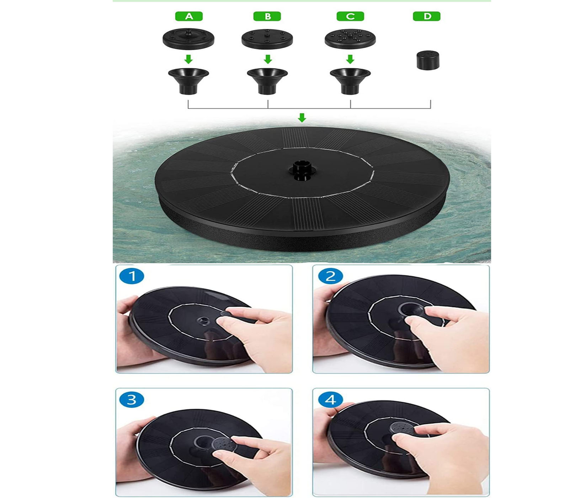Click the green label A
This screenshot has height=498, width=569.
pos(189,16)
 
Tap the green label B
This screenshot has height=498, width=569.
pos(267,16)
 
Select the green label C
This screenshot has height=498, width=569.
pos(350,16)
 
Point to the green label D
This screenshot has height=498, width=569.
pos(427,16)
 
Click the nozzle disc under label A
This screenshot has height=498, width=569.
pos(188,38)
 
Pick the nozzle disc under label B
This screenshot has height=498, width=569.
pos(267,39)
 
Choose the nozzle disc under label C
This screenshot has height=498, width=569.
pos(350,38)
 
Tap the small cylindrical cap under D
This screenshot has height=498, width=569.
pos(428,60)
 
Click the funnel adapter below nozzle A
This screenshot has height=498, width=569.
pos(188,81)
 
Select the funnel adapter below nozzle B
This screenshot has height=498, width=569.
pos(267,81)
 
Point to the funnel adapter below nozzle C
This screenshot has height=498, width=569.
pos(350,81)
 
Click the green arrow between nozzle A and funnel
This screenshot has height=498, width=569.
pos(188,59)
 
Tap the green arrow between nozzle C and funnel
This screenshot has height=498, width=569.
pos(350,59)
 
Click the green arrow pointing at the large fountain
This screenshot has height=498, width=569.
pos(302,118)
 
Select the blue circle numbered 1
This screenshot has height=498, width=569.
pos(132,276)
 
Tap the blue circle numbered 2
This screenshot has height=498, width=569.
pos(330,276)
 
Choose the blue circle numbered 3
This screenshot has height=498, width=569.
pos(132,399)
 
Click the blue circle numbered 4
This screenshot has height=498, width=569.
pos(330,399)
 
